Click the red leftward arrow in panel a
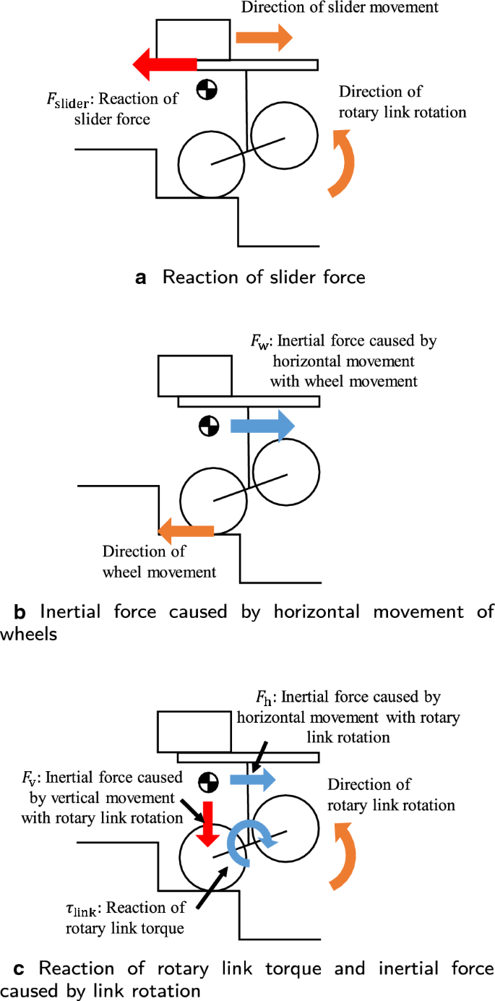click(165, 64)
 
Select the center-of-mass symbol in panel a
click(207, 89)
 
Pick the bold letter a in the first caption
click(141, 277)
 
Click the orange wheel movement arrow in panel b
click(186, 532)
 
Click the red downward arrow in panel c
click(210, 822)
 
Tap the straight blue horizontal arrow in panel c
click(252, 779)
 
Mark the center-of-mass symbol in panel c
click(209, 781)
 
